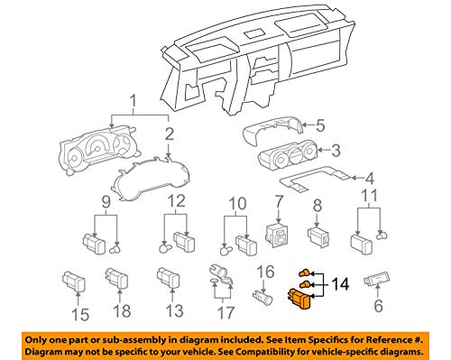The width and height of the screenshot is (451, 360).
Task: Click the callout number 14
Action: (x=340, y=284)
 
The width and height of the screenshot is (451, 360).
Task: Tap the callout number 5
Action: (x=320, y=125)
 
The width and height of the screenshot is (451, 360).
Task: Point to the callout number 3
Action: (x=336, y=150)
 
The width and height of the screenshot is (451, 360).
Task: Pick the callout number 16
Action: (x=266, y=272)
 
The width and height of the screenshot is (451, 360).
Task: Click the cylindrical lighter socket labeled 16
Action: (x=263, y=296)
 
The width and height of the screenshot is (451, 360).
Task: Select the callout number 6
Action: (x=378, y=306)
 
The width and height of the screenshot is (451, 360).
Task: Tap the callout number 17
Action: (x=225, y=312)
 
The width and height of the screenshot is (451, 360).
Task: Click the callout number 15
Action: (x=80, y=315)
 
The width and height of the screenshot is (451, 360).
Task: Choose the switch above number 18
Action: (x=116, y=278)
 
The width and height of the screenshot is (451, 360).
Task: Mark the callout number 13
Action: (x=174, y=310)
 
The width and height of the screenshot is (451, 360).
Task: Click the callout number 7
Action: (x=279, y=201)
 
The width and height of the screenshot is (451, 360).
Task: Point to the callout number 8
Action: (x=318, y=206)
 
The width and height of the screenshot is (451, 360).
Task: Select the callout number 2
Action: (x=170, y=134)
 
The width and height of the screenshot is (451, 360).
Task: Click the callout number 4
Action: (x=369, y=179)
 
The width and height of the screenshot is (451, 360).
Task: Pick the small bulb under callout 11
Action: (x=382, y=235)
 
